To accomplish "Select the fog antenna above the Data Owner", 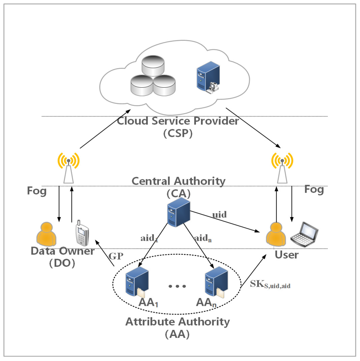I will point(69,168).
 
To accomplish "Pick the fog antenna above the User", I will point(282,168).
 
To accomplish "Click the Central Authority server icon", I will point(179,212).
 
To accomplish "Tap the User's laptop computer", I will point(305,235).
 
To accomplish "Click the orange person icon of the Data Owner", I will point(46,234).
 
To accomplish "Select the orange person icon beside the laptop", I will point(276,234).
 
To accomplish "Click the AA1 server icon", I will point(137,282).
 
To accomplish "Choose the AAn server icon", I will point(216,282).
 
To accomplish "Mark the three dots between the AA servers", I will point(177,286).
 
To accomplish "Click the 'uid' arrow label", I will point(219,214).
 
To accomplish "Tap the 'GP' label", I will point(116,256).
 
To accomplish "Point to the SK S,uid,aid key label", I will point(270,284).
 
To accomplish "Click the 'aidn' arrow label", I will point(203,238).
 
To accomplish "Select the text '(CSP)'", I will point(178,133).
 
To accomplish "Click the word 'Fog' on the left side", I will point(37,191).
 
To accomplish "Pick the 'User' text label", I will point(286,255).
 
